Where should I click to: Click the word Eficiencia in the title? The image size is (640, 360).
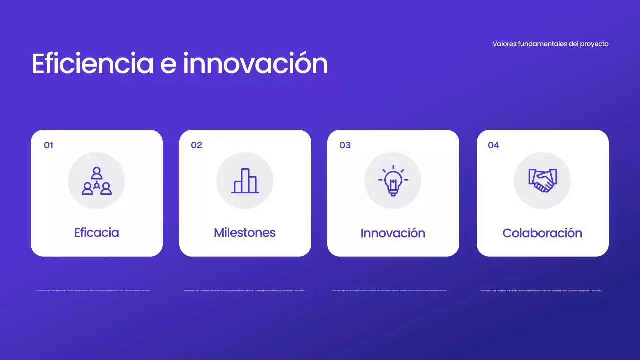point(92,64)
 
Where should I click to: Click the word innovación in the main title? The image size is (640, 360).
point(255,64)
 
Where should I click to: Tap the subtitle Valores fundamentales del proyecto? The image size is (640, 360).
point(550,44)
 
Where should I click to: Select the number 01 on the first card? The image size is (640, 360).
point(48,145)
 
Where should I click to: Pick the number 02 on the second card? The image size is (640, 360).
point(196,145)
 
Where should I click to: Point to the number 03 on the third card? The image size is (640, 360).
point(345,145)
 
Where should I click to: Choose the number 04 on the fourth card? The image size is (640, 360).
point(493,145)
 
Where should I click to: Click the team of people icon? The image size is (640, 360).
point(96,180)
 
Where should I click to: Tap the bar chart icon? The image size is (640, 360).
point(245,180)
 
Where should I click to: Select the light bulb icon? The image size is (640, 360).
point(393,180)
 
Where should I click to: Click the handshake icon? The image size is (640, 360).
point(542,180)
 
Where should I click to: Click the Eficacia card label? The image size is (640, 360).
point(96,233)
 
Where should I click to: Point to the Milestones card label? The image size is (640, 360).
point(245,233)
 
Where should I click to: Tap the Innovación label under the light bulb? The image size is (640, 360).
point(393,233)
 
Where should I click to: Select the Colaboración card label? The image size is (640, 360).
point(542,233)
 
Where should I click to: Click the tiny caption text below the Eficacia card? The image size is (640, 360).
point(93,290)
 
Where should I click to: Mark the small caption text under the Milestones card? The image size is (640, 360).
point(244,290)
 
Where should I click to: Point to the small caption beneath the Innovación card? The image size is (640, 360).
point(390,290)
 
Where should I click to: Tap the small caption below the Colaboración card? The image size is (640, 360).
point(541,290)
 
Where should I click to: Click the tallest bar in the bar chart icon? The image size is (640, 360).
point(245,180)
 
